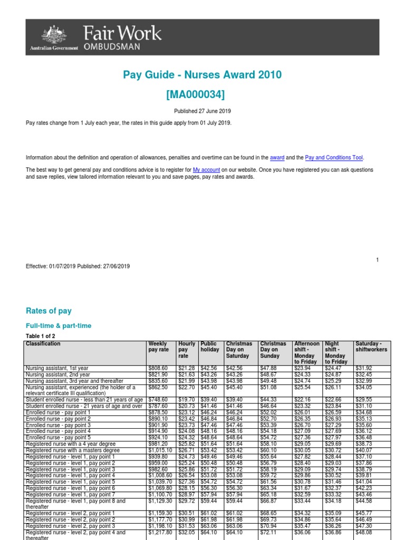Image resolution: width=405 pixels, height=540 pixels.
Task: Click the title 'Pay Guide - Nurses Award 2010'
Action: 202,75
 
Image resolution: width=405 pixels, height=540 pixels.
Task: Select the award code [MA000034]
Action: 202,94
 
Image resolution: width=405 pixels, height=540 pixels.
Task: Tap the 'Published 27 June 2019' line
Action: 202,111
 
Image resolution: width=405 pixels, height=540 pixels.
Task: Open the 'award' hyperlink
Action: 277,158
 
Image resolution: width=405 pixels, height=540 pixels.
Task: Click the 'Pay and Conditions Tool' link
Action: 334,158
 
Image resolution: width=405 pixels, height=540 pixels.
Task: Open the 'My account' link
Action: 206,170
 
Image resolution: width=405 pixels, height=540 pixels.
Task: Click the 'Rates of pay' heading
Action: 49,311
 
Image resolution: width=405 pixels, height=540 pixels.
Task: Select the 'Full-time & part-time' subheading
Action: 59,326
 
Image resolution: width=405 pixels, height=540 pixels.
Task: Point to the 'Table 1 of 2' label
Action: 41,336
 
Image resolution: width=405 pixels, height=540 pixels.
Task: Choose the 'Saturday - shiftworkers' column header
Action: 371,346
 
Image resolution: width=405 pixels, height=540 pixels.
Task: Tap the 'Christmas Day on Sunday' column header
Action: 273,350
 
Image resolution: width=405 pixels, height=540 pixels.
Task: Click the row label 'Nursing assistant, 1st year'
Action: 57,368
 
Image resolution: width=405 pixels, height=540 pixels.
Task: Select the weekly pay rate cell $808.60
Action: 159,368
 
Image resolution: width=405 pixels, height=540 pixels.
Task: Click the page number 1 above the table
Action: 378,260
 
